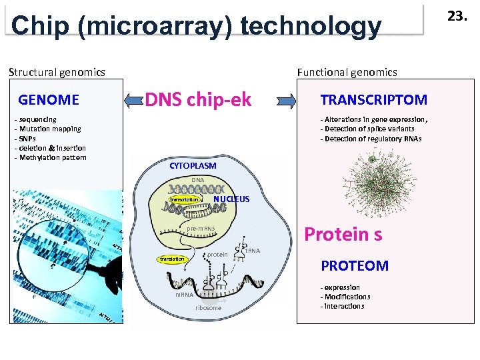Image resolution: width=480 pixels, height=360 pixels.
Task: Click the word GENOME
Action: [49, 100]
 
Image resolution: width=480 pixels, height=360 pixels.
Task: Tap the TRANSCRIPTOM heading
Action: [374, 100]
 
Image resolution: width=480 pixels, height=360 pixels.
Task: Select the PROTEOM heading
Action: [355, 265]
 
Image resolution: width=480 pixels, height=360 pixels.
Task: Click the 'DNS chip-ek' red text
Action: [198, 100]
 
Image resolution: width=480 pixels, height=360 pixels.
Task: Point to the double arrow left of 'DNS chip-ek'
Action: [135, 100]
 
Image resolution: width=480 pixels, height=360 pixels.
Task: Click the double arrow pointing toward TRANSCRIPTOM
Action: [286, 101]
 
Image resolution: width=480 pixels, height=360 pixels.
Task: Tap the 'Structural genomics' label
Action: [57, 72]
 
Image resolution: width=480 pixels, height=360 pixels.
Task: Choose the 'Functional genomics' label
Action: [347, 72]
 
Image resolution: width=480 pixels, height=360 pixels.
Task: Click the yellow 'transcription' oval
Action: [184, 199]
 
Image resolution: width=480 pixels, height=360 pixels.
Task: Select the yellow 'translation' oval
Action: [172, 259]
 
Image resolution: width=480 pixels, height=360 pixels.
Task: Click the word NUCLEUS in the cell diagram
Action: [231, 199]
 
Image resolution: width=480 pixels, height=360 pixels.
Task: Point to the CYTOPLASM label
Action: [193, 165]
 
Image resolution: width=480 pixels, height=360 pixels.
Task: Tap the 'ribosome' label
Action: [208, 308]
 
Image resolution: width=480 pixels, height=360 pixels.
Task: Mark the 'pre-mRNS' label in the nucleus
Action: [201, 229]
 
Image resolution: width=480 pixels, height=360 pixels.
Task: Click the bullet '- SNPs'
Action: [27, 139]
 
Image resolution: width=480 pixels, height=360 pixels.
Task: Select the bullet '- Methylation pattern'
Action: [51, 157]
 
